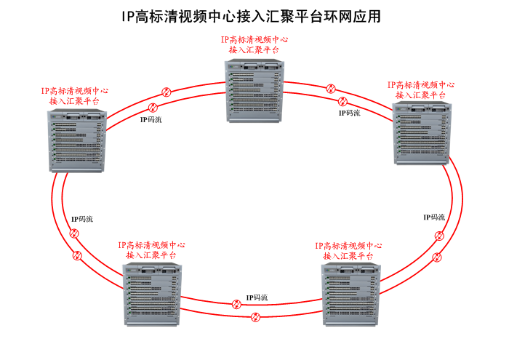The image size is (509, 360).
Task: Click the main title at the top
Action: click(x=251, y=16)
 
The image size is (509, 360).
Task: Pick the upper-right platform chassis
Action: click(x=422, y=135)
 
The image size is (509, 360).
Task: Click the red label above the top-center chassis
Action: click(x=253, y=44)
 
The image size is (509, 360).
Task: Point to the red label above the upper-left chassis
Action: click(x=75, y=96)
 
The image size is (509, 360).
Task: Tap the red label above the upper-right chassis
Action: click(x=421, y=89)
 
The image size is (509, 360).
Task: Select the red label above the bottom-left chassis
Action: click(x=151, y=250)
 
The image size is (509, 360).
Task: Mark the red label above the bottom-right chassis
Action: click(x=349, y=250)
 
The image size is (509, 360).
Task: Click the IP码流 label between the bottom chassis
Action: click(x=257, y=297)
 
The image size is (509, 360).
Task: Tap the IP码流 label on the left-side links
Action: click(x=82, y=219)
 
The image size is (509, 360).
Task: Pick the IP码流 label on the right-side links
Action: click(x=434, y=217)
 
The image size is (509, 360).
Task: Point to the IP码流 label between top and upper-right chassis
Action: click(x=349, y=113)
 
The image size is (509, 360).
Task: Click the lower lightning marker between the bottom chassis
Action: click(x=255, y=317)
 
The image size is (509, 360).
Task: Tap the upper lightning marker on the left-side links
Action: click(x=73, y=233)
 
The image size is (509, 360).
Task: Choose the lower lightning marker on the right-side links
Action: click(x=436, y=257)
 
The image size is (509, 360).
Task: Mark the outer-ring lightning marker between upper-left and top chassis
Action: click(x=166, y=92)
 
